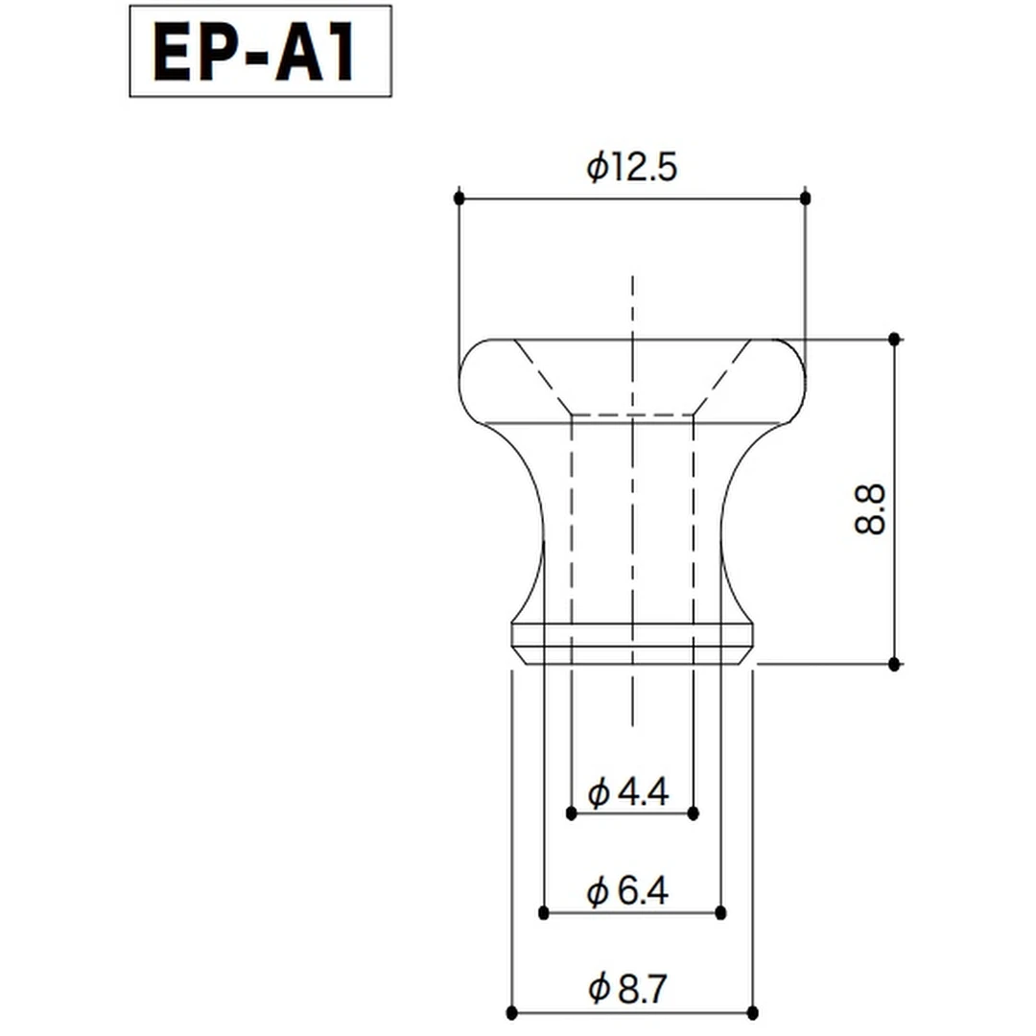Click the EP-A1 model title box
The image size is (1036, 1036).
[x=260, y=51]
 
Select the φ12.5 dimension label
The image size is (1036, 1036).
[x=631, y=168]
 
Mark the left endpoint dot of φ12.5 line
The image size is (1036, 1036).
[x=459, y=198]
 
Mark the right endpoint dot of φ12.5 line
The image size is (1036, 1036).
[x=805, y=198]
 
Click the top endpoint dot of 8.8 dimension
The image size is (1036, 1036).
[x=894, y=339]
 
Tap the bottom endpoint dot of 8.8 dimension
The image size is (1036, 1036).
[x=894, y=664]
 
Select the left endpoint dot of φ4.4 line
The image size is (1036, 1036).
[x=572, y=814]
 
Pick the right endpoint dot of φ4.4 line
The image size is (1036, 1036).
[x=693, y=814]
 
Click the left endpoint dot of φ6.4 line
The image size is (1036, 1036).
[x=544, y=912]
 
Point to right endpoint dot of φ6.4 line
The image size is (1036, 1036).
[x=721, y=912]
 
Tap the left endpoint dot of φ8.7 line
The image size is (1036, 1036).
[x=511, y=1013]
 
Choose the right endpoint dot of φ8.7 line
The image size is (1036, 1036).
[x=752, y=1013]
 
